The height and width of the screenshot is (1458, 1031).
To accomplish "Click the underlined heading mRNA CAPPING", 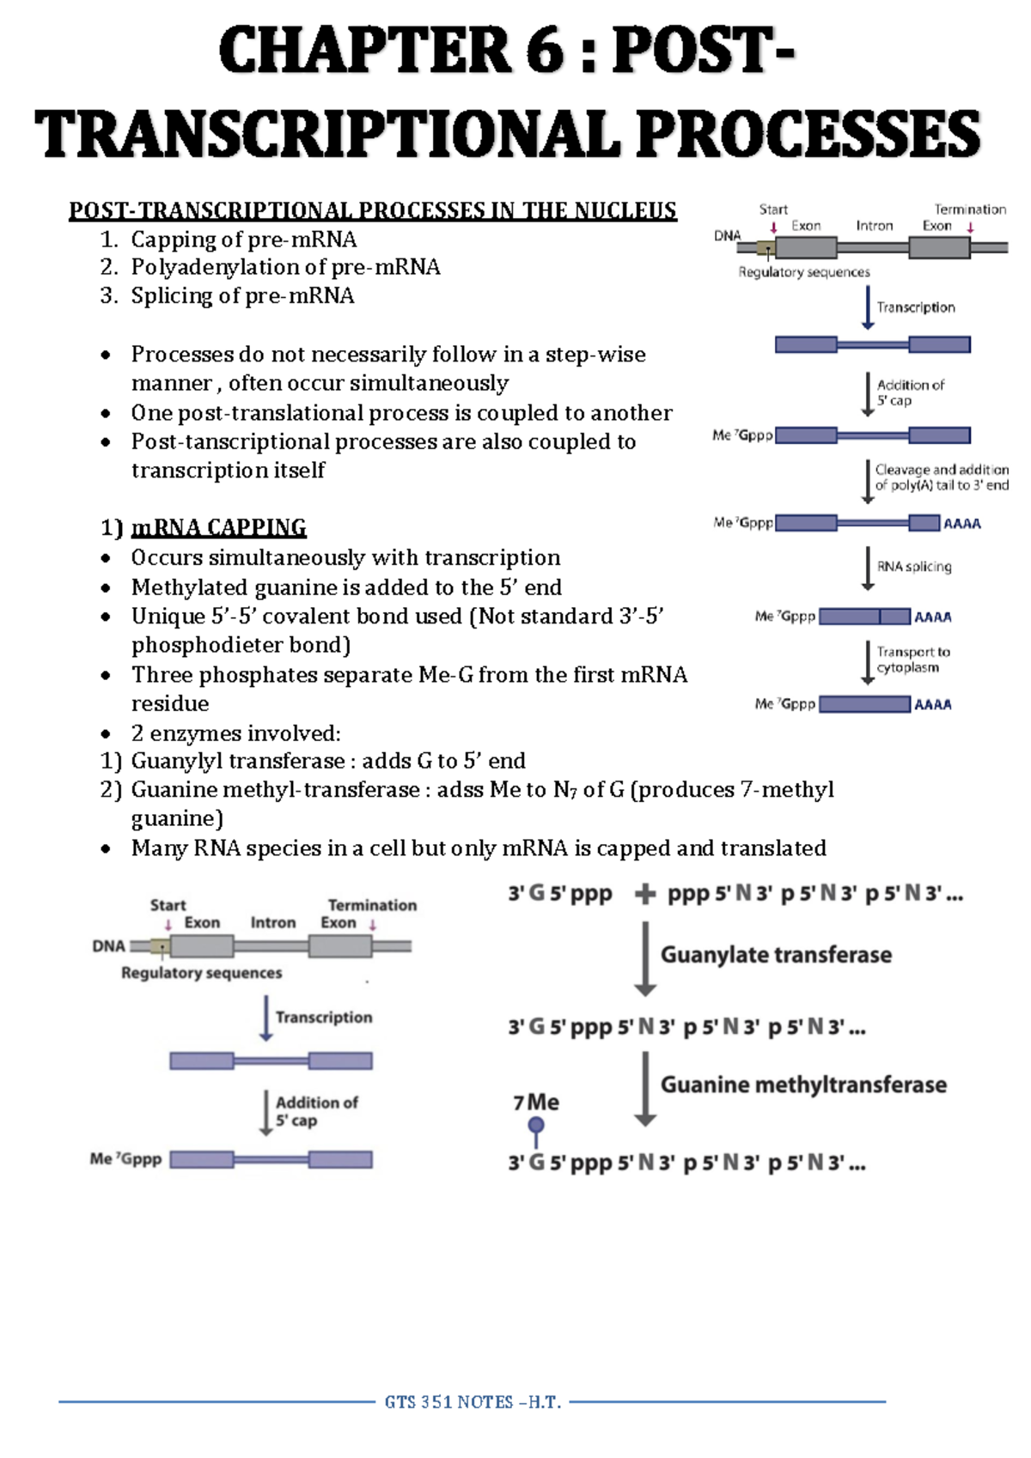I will point(218,527).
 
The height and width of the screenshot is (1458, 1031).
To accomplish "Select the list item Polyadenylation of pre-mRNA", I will point(285,267).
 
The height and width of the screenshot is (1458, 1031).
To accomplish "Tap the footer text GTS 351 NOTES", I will point(473,1402).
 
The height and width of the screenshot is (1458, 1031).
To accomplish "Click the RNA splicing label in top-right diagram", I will point(914,567).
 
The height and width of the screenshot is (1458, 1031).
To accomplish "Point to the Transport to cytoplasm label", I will point(913,659).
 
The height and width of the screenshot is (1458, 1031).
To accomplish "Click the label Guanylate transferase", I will point(776,955).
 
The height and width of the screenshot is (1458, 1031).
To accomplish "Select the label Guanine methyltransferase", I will point(803,1084).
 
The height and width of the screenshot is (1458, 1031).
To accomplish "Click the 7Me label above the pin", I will point(536,1103).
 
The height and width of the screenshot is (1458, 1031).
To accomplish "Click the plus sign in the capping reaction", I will point(644,895).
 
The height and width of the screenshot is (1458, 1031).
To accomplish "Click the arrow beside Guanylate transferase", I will point(645,958).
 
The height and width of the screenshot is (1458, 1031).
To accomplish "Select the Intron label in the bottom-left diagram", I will point(273,922).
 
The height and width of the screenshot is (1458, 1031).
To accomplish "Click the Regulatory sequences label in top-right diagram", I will point(804,272).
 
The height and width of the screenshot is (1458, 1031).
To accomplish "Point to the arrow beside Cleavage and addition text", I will point(868,481).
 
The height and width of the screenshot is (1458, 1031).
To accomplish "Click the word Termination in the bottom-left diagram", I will point(372,905).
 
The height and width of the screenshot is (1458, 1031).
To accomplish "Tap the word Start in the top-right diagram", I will point(773,210).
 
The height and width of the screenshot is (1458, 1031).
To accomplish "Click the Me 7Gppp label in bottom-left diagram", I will point(125,1159).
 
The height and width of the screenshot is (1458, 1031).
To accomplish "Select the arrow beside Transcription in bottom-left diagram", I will point(266,1018).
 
